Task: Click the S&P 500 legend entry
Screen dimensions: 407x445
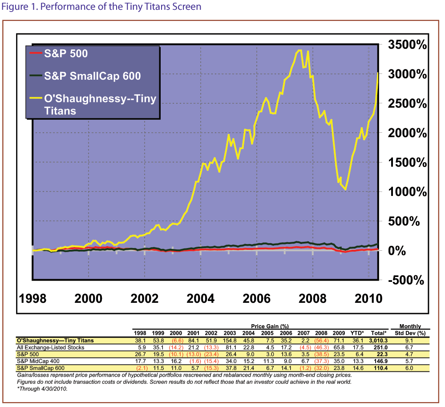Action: click(66, 54)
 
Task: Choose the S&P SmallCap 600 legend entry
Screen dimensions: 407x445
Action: click(93, 76)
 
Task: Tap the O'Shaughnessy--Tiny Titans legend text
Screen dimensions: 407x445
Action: click(100, 104)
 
